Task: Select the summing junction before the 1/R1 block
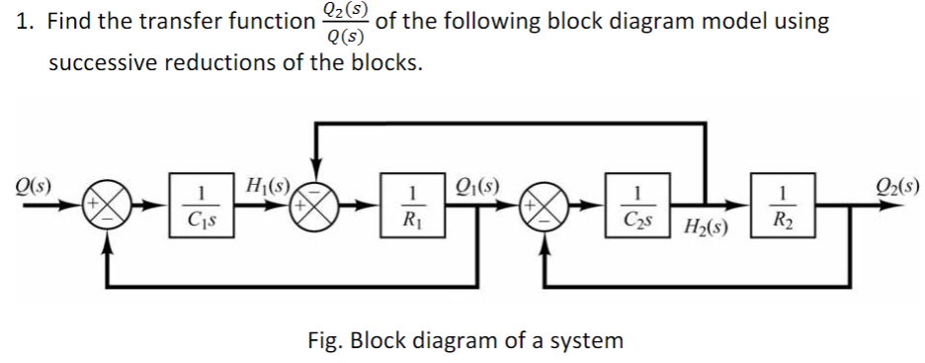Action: pyautogui.click(x=316, y=211)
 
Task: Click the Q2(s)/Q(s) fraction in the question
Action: pyautogui.click(x=342, y=24)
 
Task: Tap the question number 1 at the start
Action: pyautogui.click(x=24, y=23)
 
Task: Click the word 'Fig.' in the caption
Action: pyautogui.click(x=323, y=340)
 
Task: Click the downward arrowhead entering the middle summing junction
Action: pyautogui.click(x=316, y=180)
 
